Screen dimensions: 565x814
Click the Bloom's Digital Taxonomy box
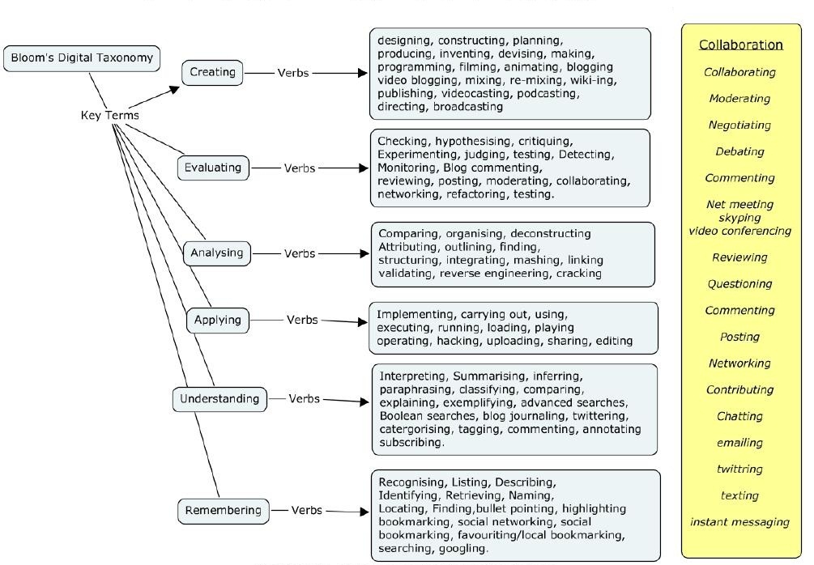[x=81, y=58]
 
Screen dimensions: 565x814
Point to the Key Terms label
[x=109, y=115]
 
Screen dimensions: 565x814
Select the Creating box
[x=212, y=72]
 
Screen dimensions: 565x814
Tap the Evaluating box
[x=212, y=168]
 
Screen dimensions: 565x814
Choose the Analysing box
[x=216, y=253]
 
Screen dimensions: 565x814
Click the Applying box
[x=217, y=320]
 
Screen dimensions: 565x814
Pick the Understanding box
[x=219, y=398]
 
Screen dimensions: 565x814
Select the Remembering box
[x=223, y=510]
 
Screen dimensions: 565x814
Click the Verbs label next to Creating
[x=293, y=73]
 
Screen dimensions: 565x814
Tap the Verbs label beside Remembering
[x=307, y=510]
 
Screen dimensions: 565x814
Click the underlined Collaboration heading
[x=740, y=45]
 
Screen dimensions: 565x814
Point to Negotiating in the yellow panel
[x=739, y=125]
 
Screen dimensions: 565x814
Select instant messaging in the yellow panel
[x=739, y=521]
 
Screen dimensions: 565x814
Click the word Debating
[x=739, y=151]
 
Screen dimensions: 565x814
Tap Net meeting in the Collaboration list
[x=739, y=204]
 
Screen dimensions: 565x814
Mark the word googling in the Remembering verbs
[x=463, y=548]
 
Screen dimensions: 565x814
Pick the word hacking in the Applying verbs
[x=458, y=341]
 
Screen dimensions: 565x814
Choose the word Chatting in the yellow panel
[x=739, y=416]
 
